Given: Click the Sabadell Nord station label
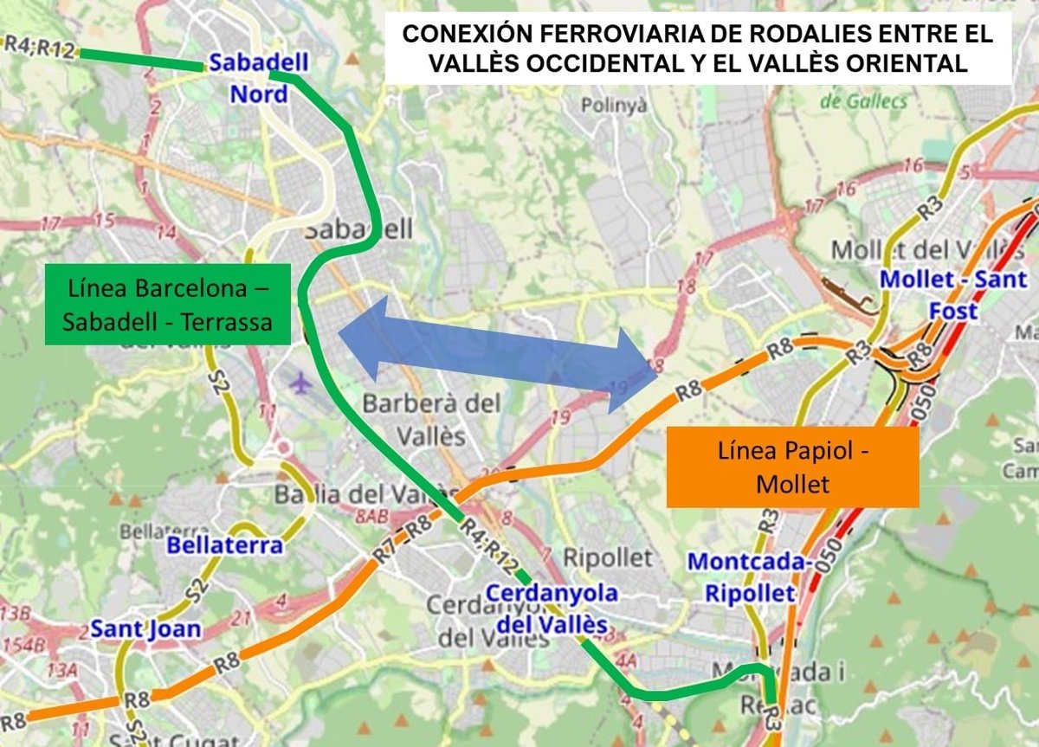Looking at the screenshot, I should (x=258, y=78).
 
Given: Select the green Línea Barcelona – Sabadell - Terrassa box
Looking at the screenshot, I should (x=168, y=304).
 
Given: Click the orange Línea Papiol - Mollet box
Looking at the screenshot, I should (x=792, y=467).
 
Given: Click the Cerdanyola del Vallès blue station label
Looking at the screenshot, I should (x=551, y=609).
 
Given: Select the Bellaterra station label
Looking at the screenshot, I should (x=224, y=545).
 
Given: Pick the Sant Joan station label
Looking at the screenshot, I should (x=145, y=628).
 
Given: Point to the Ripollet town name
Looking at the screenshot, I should (x=607, y=557).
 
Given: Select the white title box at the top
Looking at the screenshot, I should (x=698, y=48).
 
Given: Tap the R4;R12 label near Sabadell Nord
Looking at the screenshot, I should (x=40, y=48).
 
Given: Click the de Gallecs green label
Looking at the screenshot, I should (x=863, y=101).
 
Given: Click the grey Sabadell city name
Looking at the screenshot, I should (x=358, y=229).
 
